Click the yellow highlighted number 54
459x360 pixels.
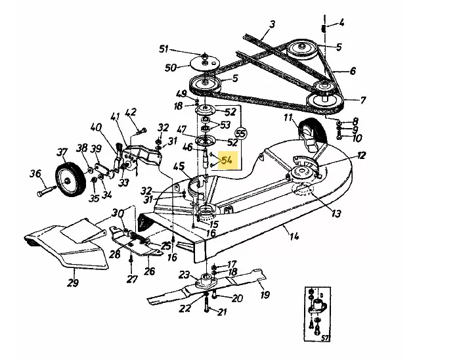[227, 160]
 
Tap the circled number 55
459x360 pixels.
[240, 133]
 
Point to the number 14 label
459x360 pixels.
[294, 235]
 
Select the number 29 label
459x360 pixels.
[73, 282]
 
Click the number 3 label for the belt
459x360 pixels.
[273, 24]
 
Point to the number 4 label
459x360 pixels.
[341, 22]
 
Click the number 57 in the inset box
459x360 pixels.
[324, 338]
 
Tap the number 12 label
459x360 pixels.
[362, 155]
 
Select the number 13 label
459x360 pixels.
[336, 213]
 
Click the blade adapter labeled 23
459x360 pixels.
[206, 281]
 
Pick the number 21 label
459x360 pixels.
[221, 311]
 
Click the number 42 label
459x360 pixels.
[131, 112]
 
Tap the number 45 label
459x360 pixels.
[179, 167]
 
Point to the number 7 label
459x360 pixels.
[362, 101]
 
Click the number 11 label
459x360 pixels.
[288, 118]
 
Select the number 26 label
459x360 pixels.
[149, 271]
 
